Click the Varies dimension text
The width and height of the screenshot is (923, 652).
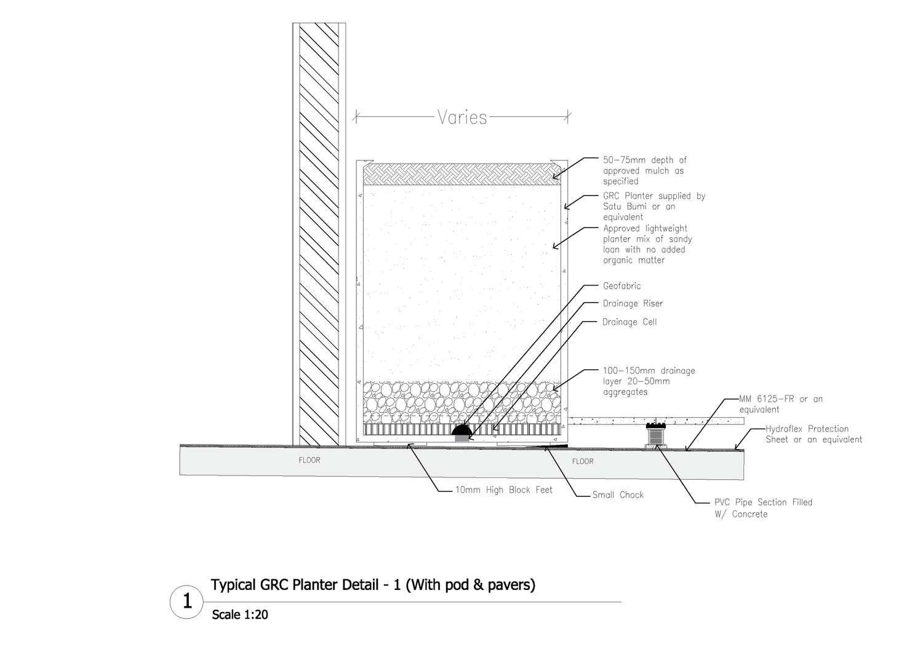click(462, 117)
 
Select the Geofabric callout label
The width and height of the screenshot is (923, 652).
click(621, 286)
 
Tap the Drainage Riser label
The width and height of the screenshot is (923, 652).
click(633, 303)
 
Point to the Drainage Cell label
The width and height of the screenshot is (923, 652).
click(629, 322)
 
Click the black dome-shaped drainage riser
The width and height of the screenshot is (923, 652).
click(462, 431)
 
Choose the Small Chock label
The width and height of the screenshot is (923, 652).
click(618, 495)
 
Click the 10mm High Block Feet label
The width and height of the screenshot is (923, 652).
click(503, 490)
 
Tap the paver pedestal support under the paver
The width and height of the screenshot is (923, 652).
click(657, 435)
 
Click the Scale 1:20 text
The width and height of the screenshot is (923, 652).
click(240, 614)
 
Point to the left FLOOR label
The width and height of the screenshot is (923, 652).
click(310, 460)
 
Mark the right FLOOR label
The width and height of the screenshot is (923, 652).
click(583, 461)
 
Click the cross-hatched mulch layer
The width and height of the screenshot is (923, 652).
click(461, 174)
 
